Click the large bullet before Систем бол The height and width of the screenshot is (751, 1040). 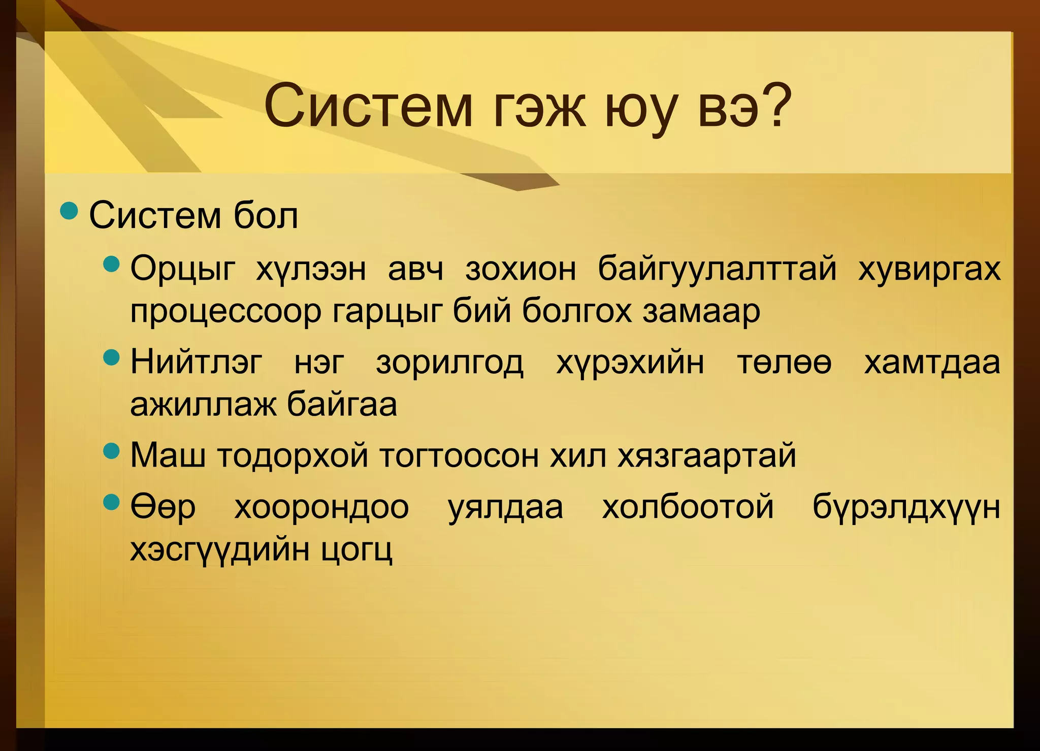pyautogui.click(x=69, y=211)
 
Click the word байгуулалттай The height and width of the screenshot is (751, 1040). pyautogui.click(x=717, y=269)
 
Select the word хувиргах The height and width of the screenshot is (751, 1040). pyautogui.click(x=929, y=269)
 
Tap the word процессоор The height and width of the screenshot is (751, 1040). pyautogui.click(x=225, y=312)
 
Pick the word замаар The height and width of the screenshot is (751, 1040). pyautogui.click(x=701, y=312)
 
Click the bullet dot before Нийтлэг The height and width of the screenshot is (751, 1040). pyautogui.click(x=111, y=357)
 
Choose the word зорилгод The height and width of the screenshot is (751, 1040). pyautogui.click(x=450, y=364)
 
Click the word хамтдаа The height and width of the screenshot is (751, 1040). pyautogui.click(x=932, y=363)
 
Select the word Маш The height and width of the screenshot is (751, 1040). pyautogui.click(x=168, y=455)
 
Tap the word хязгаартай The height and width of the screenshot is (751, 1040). pyautogui.click(x=707, y=456)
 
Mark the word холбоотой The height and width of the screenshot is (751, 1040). pyautogui.click(x=688, y=507)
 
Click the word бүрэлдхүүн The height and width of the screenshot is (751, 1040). pyautogui.click(x=906, y=508)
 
